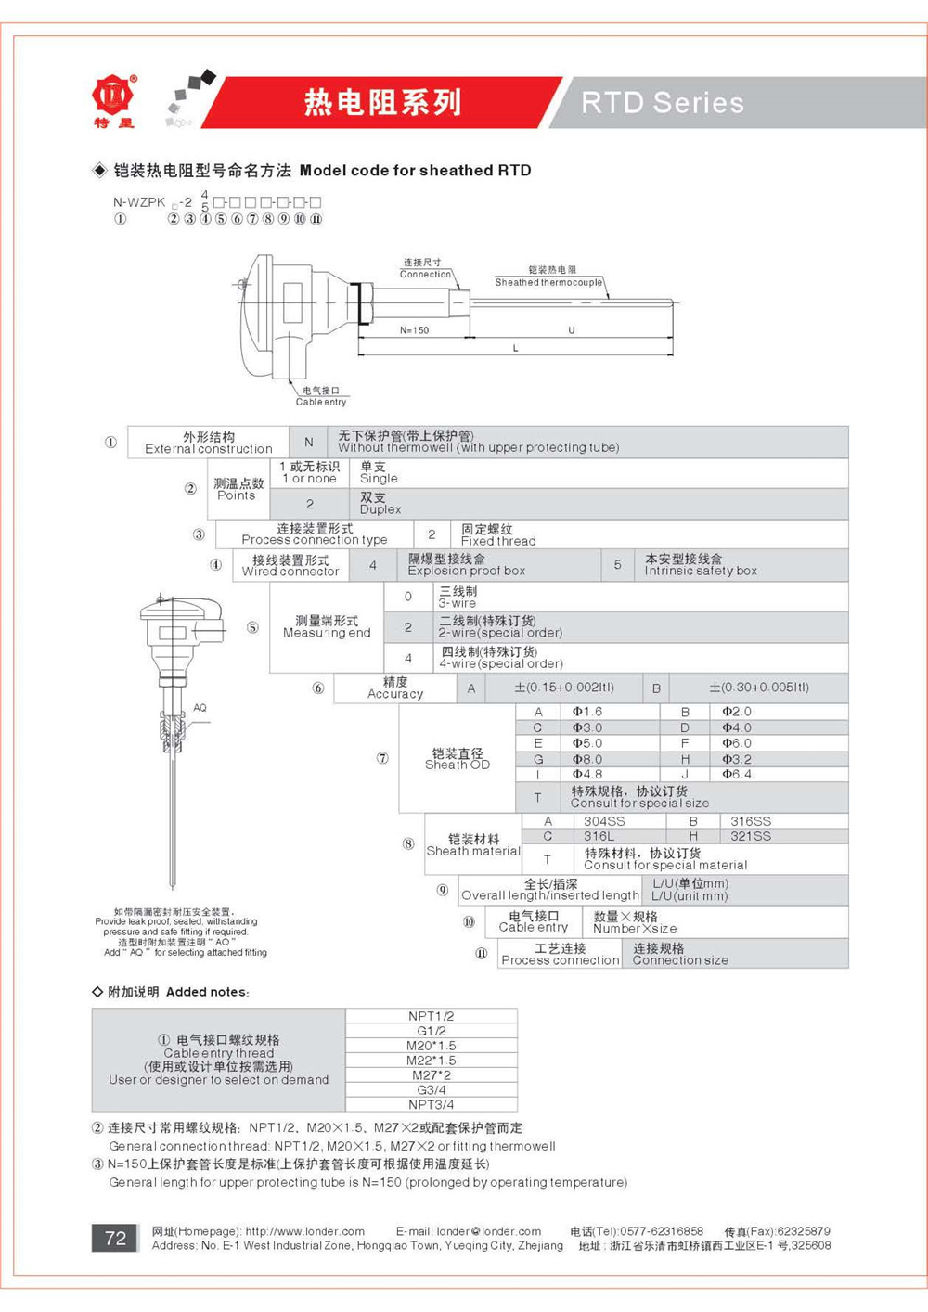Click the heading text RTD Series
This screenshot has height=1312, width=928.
tap(663, 103)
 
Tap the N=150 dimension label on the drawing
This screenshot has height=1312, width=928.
tap(414, 330)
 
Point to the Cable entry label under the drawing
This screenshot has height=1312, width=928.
tap(321, 397)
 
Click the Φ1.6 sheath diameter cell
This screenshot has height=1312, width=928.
tap(587, 712)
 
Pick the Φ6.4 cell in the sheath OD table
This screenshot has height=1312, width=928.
tap(737, 774)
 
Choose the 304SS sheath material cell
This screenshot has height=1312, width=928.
tap(604, 821)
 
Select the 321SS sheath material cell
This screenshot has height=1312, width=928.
tap(751, 836)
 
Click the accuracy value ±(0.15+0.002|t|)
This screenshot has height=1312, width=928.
tap(564, 688)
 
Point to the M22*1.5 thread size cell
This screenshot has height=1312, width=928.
tap(432, 1061)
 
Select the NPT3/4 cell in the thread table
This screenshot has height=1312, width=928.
tap(432, 1104)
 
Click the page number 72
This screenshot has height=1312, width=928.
tap(116, 1239)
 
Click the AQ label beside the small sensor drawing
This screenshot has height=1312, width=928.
tap(200, 708)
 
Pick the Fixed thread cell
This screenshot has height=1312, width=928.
tap(498, 535)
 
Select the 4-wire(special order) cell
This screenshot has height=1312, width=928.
tap(501, 658)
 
